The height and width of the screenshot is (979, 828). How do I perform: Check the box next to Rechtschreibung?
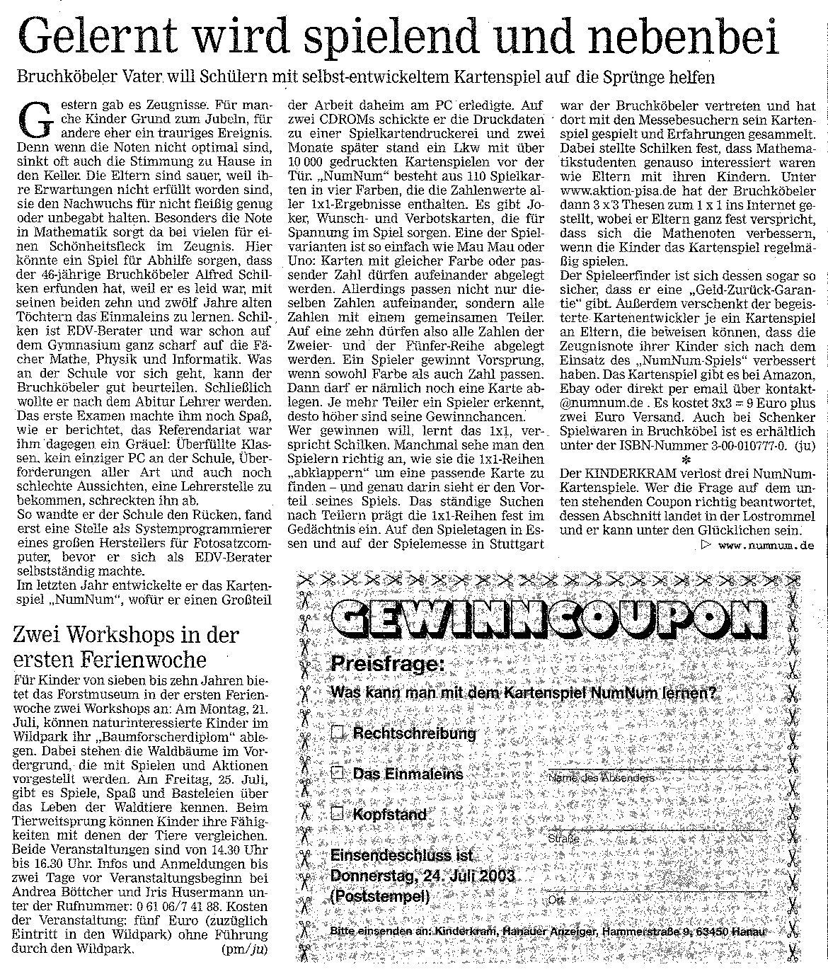[339, 733]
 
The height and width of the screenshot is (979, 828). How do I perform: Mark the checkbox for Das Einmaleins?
[339, 773]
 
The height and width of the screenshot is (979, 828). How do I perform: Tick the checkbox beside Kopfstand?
[339, 813]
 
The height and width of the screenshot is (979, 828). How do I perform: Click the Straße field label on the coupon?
[564, 839]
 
